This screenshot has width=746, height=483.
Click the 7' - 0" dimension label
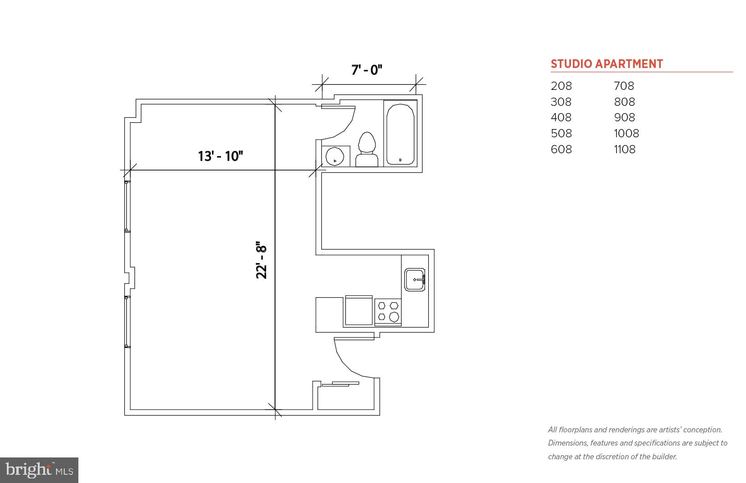click(x=366, y=70)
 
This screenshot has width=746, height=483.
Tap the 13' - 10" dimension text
click(x=221, y=156)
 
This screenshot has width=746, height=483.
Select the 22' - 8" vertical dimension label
click(x=261, y=260)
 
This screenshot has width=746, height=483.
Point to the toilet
click(x=367, y=150)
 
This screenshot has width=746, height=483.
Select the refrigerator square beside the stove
click(x=359, y=310)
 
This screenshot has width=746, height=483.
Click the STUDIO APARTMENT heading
click(x=607, y=64)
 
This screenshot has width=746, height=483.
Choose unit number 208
click(x=561, y=86)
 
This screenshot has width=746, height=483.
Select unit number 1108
click(x=624, y=149)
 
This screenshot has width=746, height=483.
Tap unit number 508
click(x=561, y=133)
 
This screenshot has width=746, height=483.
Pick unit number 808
click(x=624, y=102)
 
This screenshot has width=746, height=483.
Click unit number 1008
click(x=626, y=133)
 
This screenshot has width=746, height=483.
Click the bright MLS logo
click(x=39, y=470)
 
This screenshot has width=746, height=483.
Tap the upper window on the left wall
click(x=127, y=206)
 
